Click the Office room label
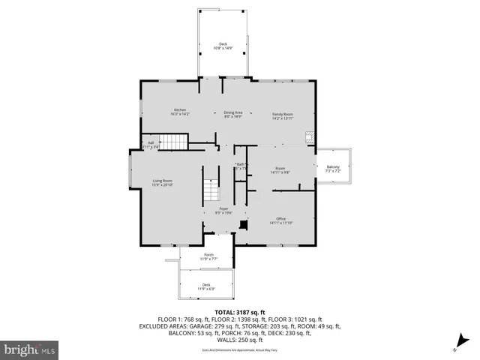point(281,220)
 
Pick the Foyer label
point(223,211)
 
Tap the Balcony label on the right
point(333,169)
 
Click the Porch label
point(208,256)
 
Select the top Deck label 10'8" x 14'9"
point(223,46)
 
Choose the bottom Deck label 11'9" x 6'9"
point(206,286)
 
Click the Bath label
point(240,166)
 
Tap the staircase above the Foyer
point(212,191)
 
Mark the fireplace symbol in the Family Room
point(309,137)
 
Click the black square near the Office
point(242,223)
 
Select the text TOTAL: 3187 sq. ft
point(240,312)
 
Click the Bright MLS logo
point(29,349)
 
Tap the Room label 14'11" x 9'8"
point(280,170)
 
